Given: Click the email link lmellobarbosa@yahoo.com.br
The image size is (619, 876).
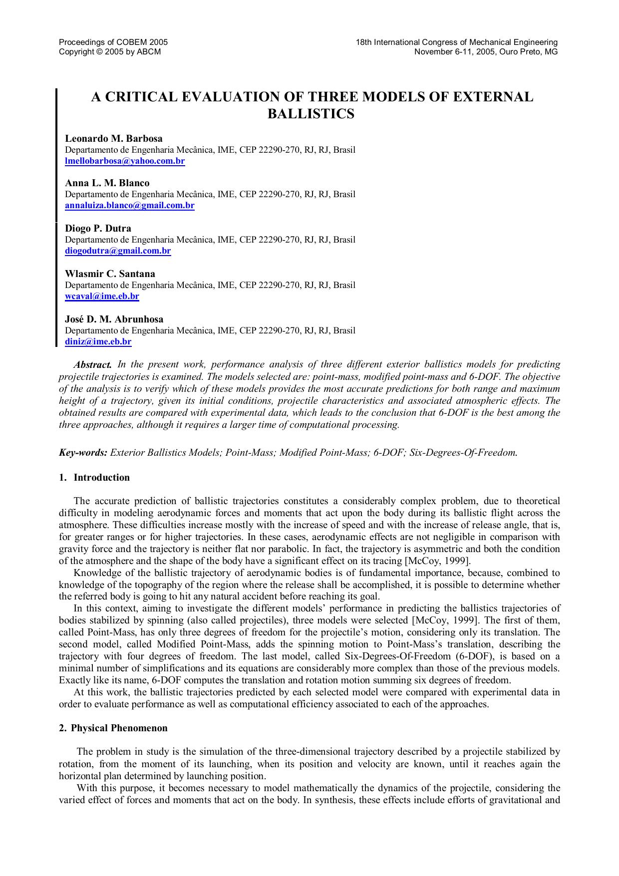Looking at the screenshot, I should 125,161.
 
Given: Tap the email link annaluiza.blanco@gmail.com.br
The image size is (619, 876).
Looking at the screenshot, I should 129,205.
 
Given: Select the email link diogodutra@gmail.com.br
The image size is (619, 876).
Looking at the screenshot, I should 118,251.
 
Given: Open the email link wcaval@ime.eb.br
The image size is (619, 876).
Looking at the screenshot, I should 102,296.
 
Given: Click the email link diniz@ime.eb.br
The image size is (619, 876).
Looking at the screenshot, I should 98,341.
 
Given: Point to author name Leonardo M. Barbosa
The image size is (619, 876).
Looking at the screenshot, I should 113,138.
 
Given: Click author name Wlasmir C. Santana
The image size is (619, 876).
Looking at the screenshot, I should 110,274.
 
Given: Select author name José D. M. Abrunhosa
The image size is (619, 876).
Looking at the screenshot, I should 114,319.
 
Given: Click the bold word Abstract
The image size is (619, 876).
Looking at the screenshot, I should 92,364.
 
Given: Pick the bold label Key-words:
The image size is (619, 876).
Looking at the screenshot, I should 83,453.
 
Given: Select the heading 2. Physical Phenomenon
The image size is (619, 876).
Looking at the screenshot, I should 113,728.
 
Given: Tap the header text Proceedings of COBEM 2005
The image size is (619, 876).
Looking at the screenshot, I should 113,42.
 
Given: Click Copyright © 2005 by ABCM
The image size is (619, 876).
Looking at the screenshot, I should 110,51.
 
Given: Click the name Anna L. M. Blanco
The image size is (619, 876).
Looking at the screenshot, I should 107,183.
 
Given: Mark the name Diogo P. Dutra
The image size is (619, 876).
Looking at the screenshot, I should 98,228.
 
